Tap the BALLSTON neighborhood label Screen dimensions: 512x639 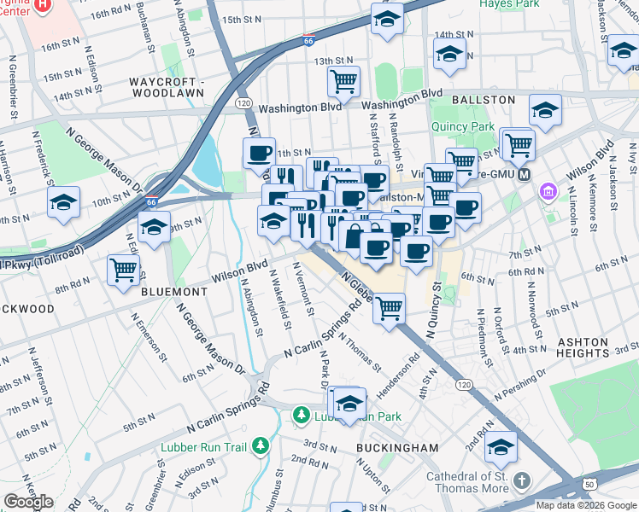pos(484,100)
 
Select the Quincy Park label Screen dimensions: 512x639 pos(465,127)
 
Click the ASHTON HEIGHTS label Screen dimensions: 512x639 pos(584,347)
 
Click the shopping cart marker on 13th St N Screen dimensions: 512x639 pos(343,81)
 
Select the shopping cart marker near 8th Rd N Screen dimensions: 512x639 pos(124,270)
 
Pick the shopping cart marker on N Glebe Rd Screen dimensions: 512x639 pos(389,307)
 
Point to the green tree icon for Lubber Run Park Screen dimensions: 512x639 pos(301,416)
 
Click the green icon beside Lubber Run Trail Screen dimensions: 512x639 pos(260,445)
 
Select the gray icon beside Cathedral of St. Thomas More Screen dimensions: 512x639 pos(523,483)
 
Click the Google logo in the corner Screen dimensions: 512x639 pos(28,502)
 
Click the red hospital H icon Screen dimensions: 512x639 pos(44,4)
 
